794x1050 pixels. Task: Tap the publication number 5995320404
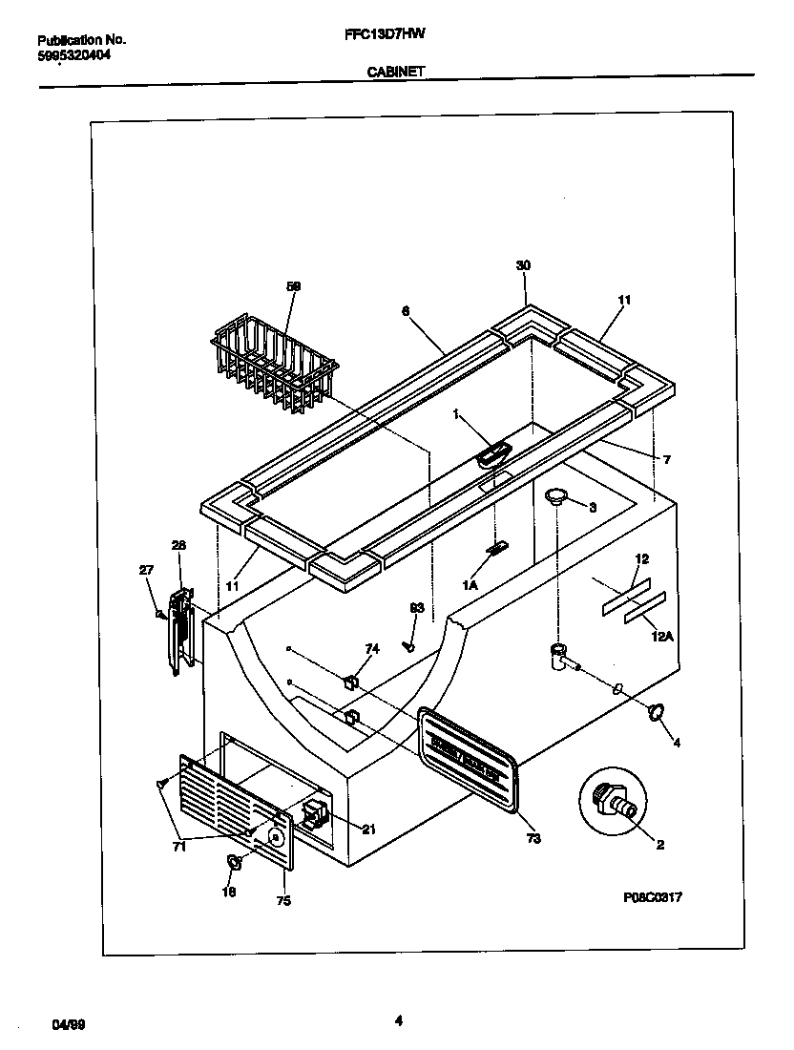click(73, 55)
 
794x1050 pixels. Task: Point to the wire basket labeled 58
click(274, 367)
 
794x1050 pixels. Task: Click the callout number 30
click(522, 265)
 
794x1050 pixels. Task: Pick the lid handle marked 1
click(491, 453)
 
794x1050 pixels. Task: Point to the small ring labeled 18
click(233, 863)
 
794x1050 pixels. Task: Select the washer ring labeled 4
click(655, 712)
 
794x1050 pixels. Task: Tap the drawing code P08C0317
click(652, 897)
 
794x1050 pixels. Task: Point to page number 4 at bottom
click(398, 1020)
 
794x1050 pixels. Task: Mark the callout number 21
click(368, 829)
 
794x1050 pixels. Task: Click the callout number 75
click(283, 900)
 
